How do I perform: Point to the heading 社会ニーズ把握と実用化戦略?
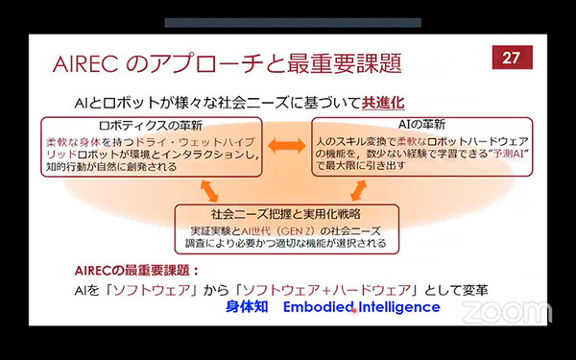tap(285, 212)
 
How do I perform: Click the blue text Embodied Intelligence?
tap(362, 307)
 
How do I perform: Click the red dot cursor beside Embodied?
tap(354, 310)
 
